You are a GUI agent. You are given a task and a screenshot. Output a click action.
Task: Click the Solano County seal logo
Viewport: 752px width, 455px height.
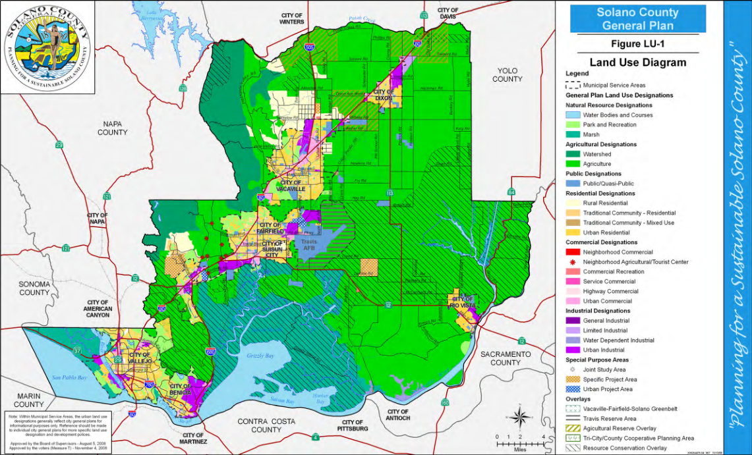coord(47,47)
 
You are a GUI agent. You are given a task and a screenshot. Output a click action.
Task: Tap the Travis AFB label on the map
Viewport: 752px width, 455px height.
coord(309,245)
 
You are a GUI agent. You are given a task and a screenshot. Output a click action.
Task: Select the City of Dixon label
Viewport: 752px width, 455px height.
coord(384,94)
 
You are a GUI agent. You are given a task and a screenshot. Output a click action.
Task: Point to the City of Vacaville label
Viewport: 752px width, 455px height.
coord(292,185)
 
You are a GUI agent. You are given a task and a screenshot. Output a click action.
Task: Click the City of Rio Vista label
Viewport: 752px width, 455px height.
coord(463,302)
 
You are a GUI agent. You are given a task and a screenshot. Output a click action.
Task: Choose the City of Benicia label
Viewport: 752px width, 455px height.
coord(182,388)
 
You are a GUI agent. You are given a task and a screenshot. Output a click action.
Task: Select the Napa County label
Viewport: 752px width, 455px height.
coord(112,128)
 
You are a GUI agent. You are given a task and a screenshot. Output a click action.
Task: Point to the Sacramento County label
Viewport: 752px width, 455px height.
coord(506,358)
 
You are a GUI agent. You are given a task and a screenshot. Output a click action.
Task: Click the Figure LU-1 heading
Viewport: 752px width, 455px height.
coord(637,44)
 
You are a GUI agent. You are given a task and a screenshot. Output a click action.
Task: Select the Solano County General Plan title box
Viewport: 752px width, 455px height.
coord(637,19)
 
